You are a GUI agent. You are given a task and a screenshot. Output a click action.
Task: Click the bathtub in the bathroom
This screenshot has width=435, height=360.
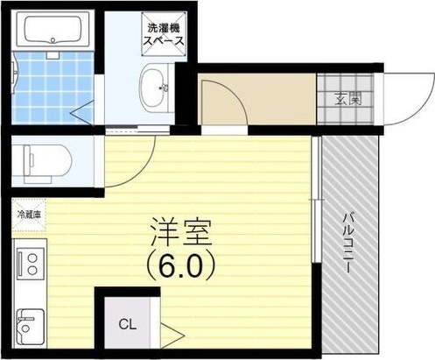tap(53, 29)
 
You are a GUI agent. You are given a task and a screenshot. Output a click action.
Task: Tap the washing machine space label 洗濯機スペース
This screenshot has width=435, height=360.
tap(164, 34)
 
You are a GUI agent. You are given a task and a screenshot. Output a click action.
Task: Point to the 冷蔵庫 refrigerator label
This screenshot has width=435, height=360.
tap(29, 215)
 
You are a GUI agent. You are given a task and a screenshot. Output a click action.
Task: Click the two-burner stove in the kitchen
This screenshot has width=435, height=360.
tap(31, 264)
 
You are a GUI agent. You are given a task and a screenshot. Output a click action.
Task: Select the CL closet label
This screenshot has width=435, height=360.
tap(128, 324)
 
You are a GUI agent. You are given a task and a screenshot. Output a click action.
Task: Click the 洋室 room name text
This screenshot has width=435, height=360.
tap(180, 232)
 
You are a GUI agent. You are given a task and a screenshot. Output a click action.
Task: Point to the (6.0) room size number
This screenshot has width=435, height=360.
tap(181, 266)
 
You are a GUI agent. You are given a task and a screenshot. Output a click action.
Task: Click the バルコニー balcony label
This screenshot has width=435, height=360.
tap(349, 243)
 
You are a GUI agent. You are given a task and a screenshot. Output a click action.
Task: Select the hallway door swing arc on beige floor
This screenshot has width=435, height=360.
tap(235, 93)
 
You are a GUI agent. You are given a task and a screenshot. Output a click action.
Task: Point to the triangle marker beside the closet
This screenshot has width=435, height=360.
tap(172, 335)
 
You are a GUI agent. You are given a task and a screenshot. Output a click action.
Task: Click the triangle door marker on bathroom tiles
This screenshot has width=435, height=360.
tap(83, 112)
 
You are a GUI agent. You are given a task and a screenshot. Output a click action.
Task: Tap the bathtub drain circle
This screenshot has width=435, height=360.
tap(53, 39)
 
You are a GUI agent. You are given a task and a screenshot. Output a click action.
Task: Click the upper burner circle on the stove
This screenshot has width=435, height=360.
tap(32, 258)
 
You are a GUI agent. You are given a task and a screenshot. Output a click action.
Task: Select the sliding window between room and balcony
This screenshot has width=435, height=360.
tap(315, 200)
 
